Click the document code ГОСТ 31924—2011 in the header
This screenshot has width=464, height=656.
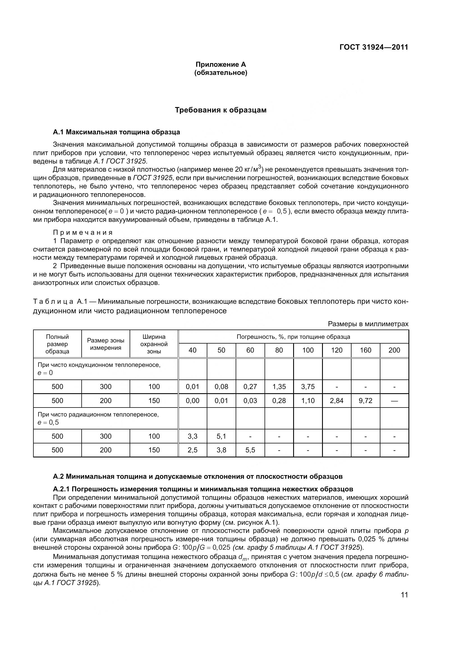point(373,47)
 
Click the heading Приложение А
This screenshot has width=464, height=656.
point(220,65)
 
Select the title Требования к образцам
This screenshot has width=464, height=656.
point(220,110)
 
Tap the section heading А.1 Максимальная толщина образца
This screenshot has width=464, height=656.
point(117,132)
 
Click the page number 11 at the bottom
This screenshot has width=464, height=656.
point(404,595)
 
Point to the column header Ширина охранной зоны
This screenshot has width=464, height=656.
point(154,344)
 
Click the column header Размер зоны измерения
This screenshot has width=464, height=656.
point(106,344)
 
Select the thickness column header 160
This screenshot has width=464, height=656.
point(366,350)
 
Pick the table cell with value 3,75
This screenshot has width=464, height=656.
point(308,387)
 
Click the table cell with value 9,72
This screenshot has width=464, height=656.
point(366,401)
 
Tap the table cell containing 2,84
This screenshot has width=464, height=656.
point(337,401)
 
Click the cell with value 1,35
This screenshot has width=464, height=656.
point(279,387)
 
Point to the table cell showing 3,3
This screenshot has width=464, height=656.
point(192,436)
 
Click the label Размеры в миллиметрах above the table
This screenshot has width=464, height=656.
point(368,324)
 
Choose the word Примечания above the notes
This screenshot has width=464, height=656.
point(83,233)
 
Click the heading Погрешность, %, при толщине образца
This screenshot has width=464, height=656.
point(293,337)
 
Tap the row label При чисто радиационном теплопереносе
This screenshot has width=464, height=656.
point(98,415)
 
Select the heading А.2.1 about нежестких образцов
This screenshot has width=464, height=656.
point(203,489)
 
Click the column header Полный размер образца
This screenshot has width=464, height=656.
point(58,344)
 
